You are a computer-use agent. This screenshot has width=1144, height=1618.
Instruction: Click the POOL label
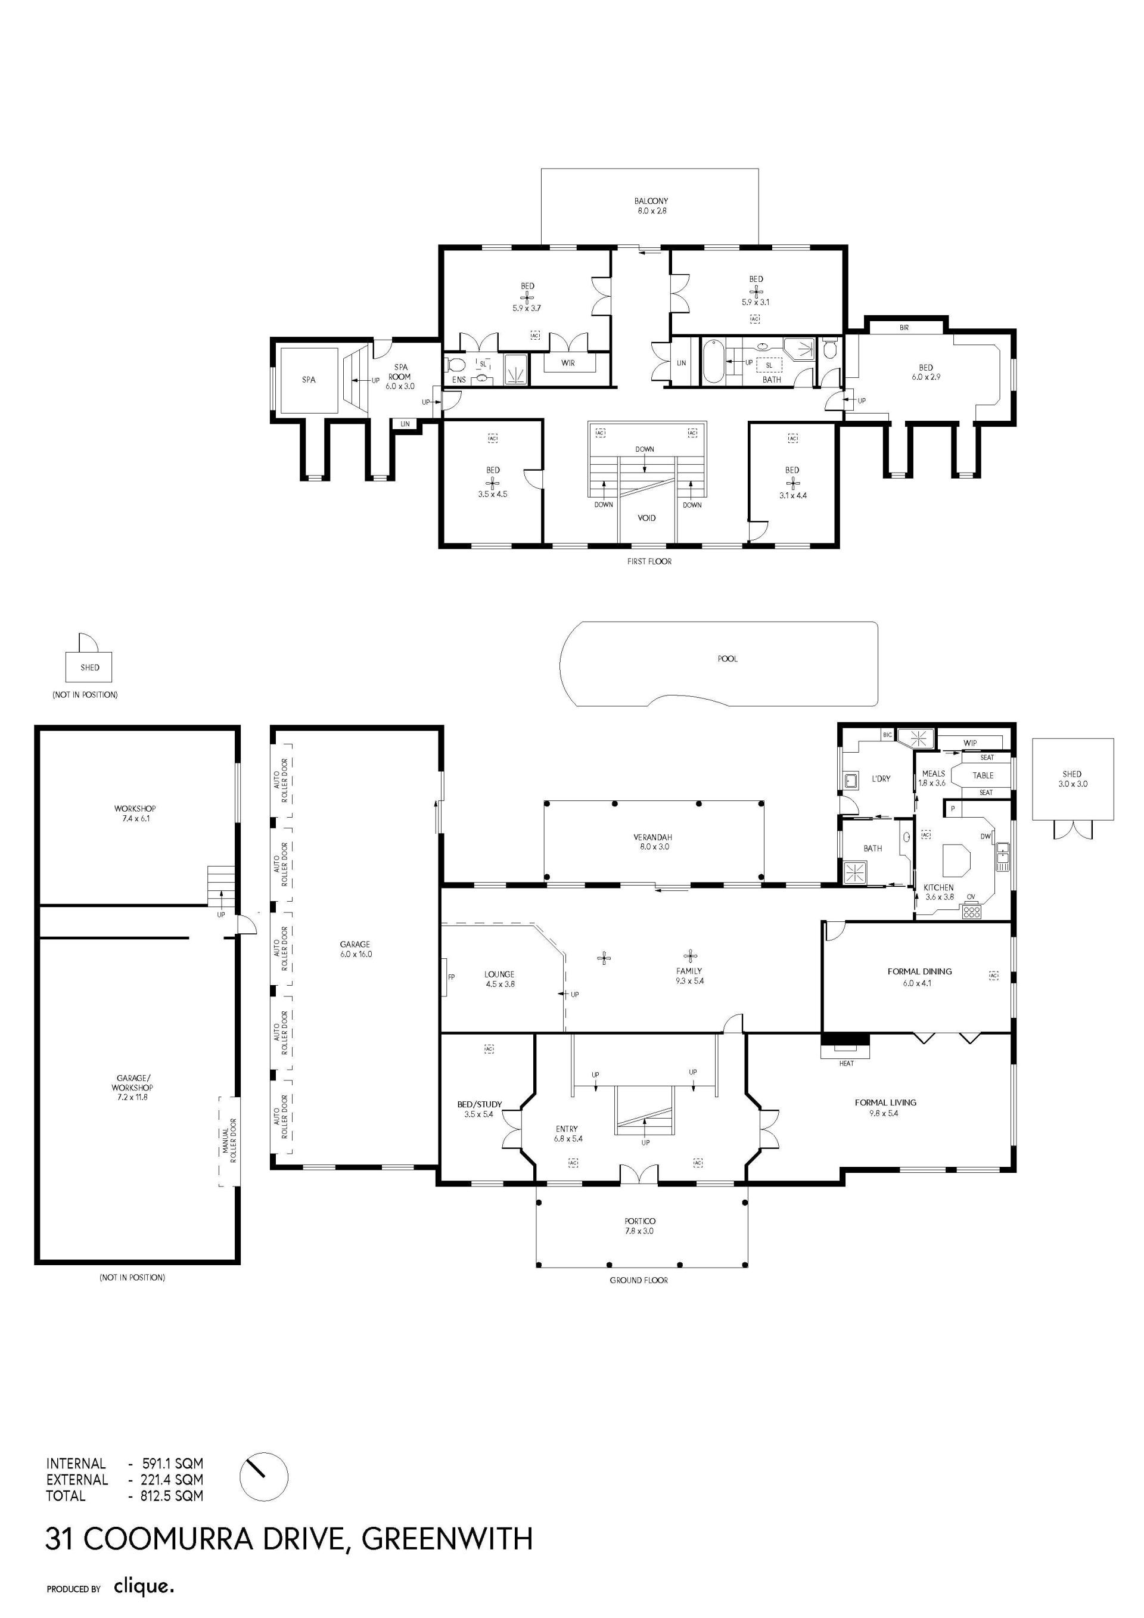728,659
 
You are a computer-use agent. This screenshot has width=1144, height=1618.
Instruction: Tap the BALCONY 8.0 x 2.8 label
651,206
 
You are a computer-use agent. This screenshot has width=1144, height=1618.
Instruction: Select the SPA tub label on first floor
309,380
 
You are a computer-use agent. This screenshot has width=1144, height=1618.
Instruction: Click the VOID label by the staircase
646,518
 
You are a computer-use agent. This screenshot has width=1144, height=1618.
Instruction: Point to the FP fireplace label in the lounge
452,977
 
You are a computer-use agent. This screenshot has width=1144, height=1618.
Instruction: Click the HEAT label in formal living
847,1063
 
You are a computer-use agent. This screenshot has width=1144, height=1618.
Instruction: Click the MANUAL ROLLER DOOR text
229,1140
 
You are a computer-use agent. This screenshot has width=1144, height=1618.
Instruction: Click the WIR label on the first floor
568,363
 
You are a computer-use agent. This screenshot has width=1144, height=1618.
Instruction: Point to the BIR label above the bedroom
904,328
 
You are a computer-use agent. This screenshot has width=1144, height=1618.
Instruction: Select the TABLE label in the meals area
983,775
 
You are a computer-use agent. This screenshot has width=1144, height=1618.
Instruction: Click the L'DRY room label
881,779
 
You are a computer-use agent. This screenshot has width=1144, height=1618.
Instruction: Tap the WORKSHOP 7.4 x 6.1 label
135,813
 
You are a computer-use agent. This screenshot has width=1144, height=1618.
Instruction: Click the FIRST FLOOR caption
649,561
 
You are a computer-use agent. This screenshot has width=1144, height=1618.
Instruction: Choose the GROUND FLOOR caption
639,1280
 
